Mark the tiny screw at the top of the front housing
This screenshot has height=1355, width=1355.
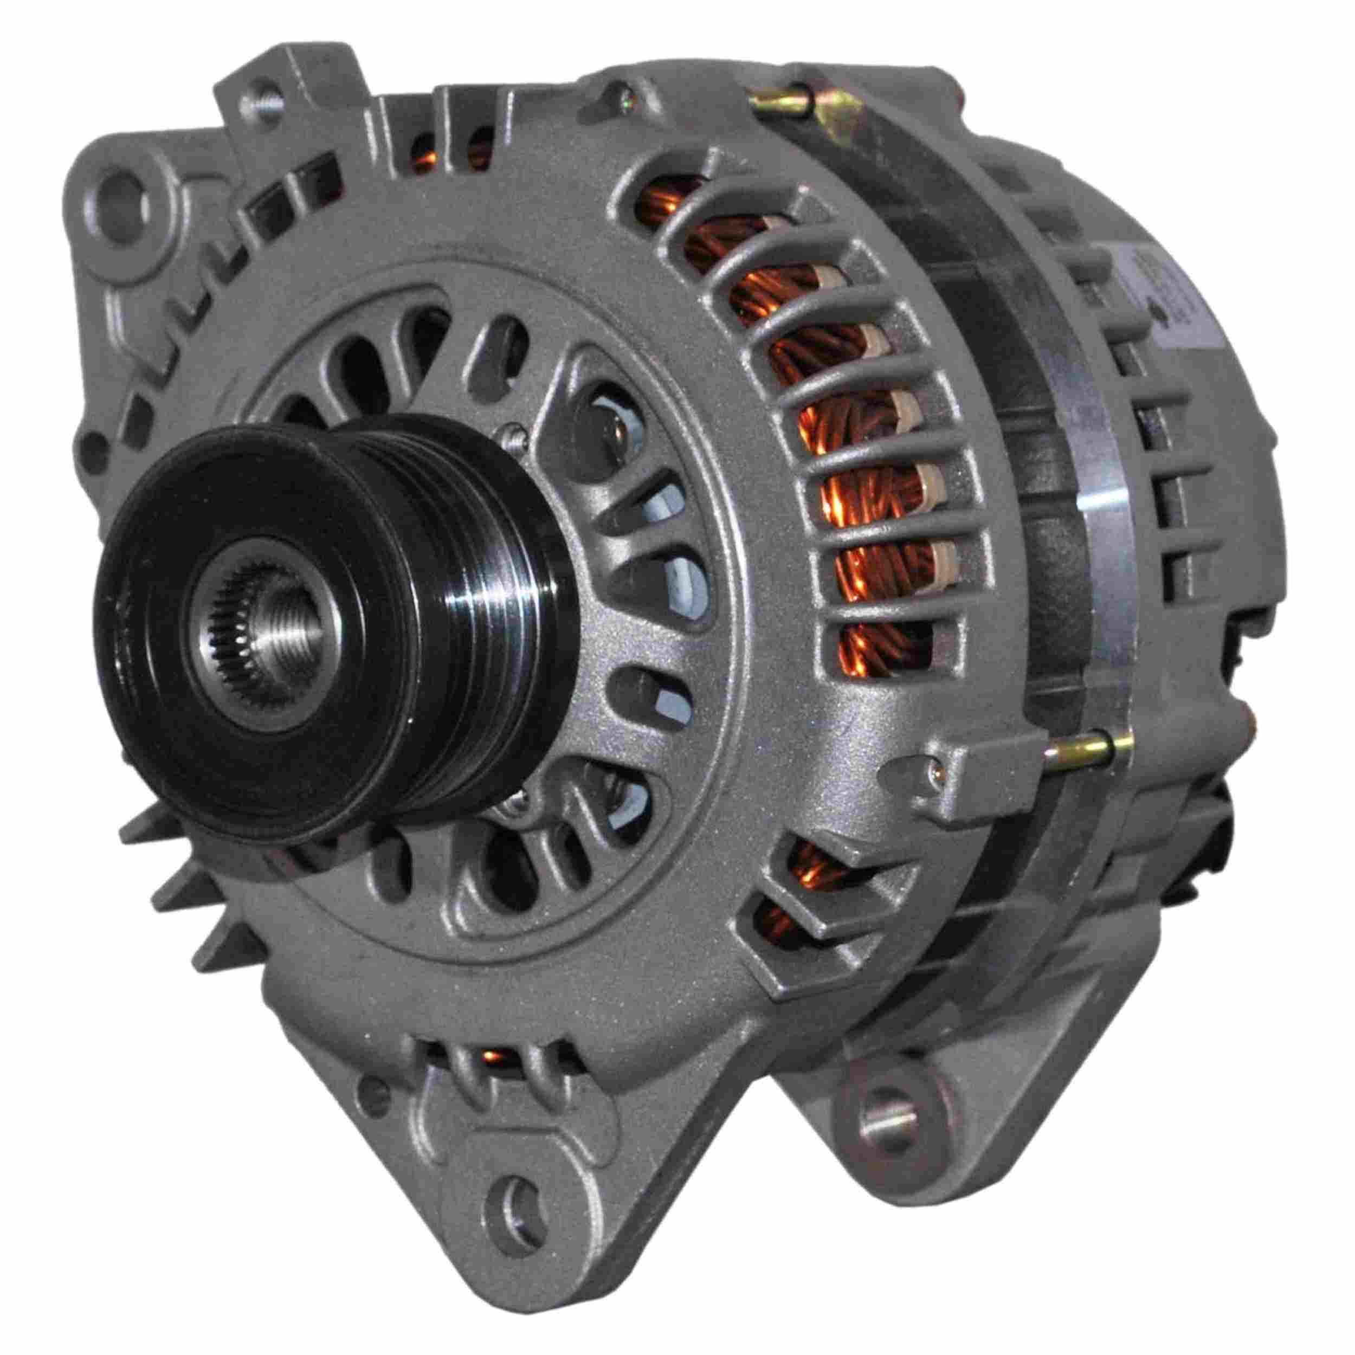(618, 90)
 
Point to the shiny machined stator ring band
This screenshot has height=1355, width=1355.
(1094, 533)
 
